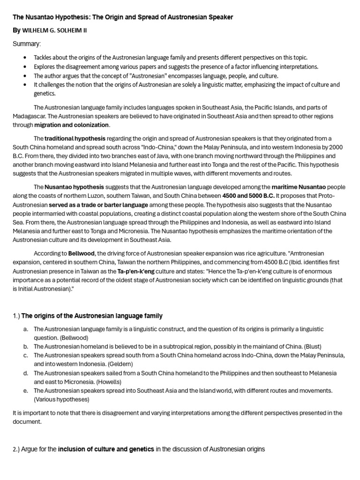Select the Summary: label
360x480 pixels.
click(27, 44)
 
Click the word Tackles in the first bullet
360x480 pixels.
click(44, 58)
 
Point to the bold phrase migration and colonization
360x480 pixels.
click(72, 125)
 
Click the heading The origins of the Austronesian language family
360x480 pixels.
click(92, 315)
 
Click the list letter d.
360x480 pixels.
click(25, 373)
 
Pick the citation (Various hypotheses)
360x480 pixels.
click(61, 399)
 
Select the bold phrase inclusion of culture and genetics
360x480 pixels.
click(106, 449)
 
